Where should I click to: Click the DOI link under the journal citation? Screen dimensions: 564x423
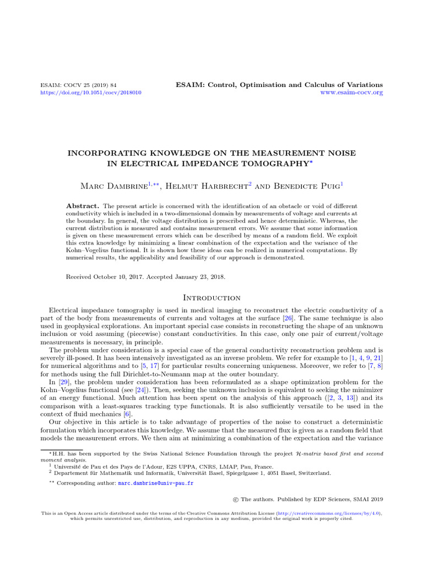91,93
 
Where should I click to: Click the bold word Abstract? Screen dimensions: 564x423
83,205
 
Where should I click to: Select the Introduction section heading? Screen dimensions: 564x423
211,298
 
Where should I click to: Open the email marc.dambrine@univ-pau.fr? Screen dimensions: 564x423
156,483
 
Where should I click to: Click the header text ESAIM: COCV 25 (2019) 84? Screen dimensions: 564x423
79,85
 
